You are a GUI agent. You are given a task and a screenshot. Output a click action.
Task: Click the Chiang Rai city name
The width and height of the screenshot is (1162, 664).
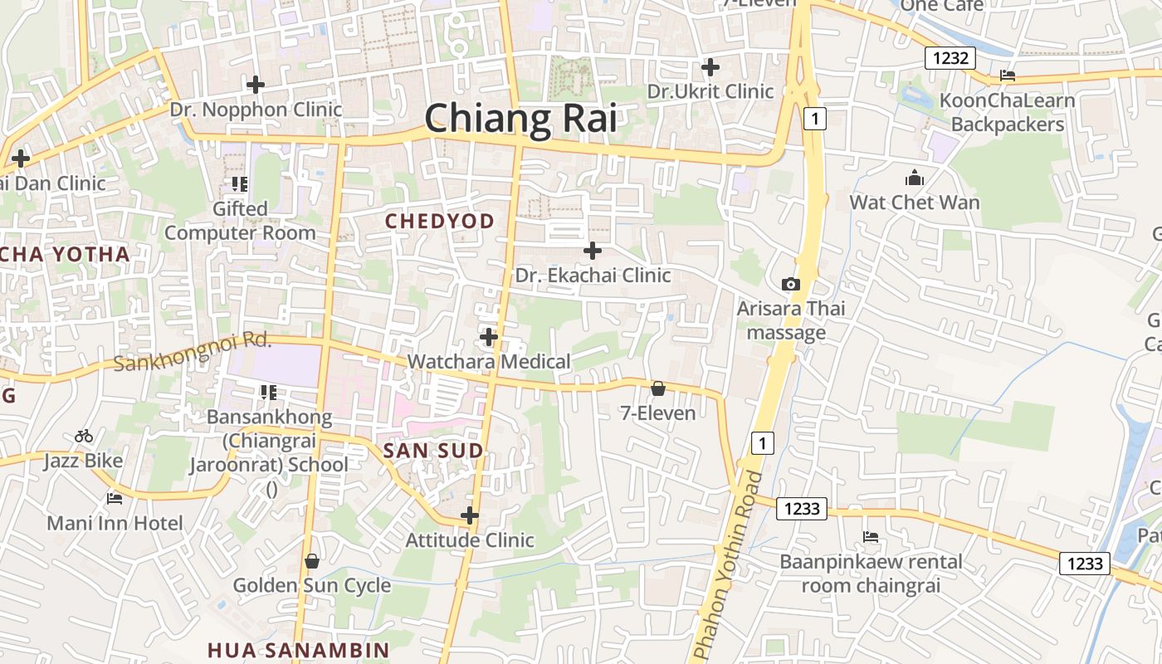(520, 119)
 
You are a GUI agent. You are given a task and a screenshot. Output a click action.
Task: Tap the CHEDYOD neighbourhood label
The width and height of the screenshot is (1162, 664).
(440, 221)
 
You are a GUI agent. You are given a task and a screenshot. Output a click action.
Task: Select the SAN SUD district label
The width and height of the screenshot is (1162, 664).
(432, 451)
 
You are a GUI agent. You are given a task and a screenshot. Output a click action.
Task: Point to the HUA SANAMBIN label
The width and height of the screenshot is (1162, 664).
(298, 650)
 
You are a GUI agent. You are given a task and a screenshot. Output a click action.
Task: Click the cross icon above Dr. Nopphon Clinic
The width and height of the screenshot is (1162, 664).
(256, 85)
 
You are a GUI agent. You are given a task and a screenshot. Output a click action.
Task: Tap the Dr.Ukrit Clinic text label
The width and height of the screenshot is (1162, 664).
(710, 91)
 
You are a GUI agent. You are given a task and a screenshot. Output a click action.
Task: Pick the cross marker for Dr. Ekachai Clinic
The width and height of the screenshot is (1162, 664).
(593, 250)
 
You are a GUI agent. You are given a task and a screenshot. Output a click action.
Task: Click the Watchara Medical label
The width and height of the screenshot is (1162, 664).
(489, 362)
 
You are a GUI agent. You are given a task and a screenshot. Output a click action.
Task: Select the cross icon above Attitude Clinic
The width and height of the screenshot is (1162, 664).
(470, 515)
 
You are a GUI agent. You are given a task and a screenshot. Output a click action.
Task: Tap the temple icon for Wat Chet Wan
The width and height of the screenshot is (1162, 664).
(915, 178)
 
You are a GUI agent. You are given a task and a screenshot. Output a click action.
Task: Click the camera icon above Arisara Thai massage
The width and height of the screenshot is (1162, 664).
(791, 284)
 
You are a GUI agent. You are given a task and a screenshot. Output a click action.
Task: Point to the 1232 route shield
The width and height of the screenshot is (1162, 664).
(950, 58)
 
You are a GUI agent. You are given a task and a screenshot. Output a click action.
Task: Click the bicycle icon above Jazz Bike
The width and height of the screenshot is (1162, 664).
(84, 436)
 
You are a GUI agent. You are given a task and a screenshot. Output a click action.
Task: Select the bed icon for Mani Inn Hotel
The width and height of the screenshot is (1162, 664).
(115, 499)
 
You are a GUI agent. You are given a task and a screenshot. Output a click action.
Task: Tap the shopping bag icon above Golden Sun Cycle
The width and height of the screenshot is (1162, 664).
(312, 561)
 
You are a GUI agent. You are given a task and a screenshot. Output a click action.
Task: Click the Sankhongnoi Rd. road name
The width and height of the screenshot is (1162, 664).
(193, 352)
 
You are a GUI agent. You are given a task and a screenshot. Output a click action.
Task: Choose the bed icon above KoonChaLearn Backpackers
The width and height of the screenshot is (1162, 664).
(1008, 76)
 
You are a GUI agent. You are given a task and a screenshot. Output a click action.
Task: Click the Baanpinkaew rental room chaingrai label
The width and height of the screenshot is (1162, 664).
(871, 574)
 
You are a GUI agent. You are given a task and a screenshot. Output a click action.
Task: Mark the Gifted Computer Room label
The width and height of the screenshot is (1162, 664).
(240, 221)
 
